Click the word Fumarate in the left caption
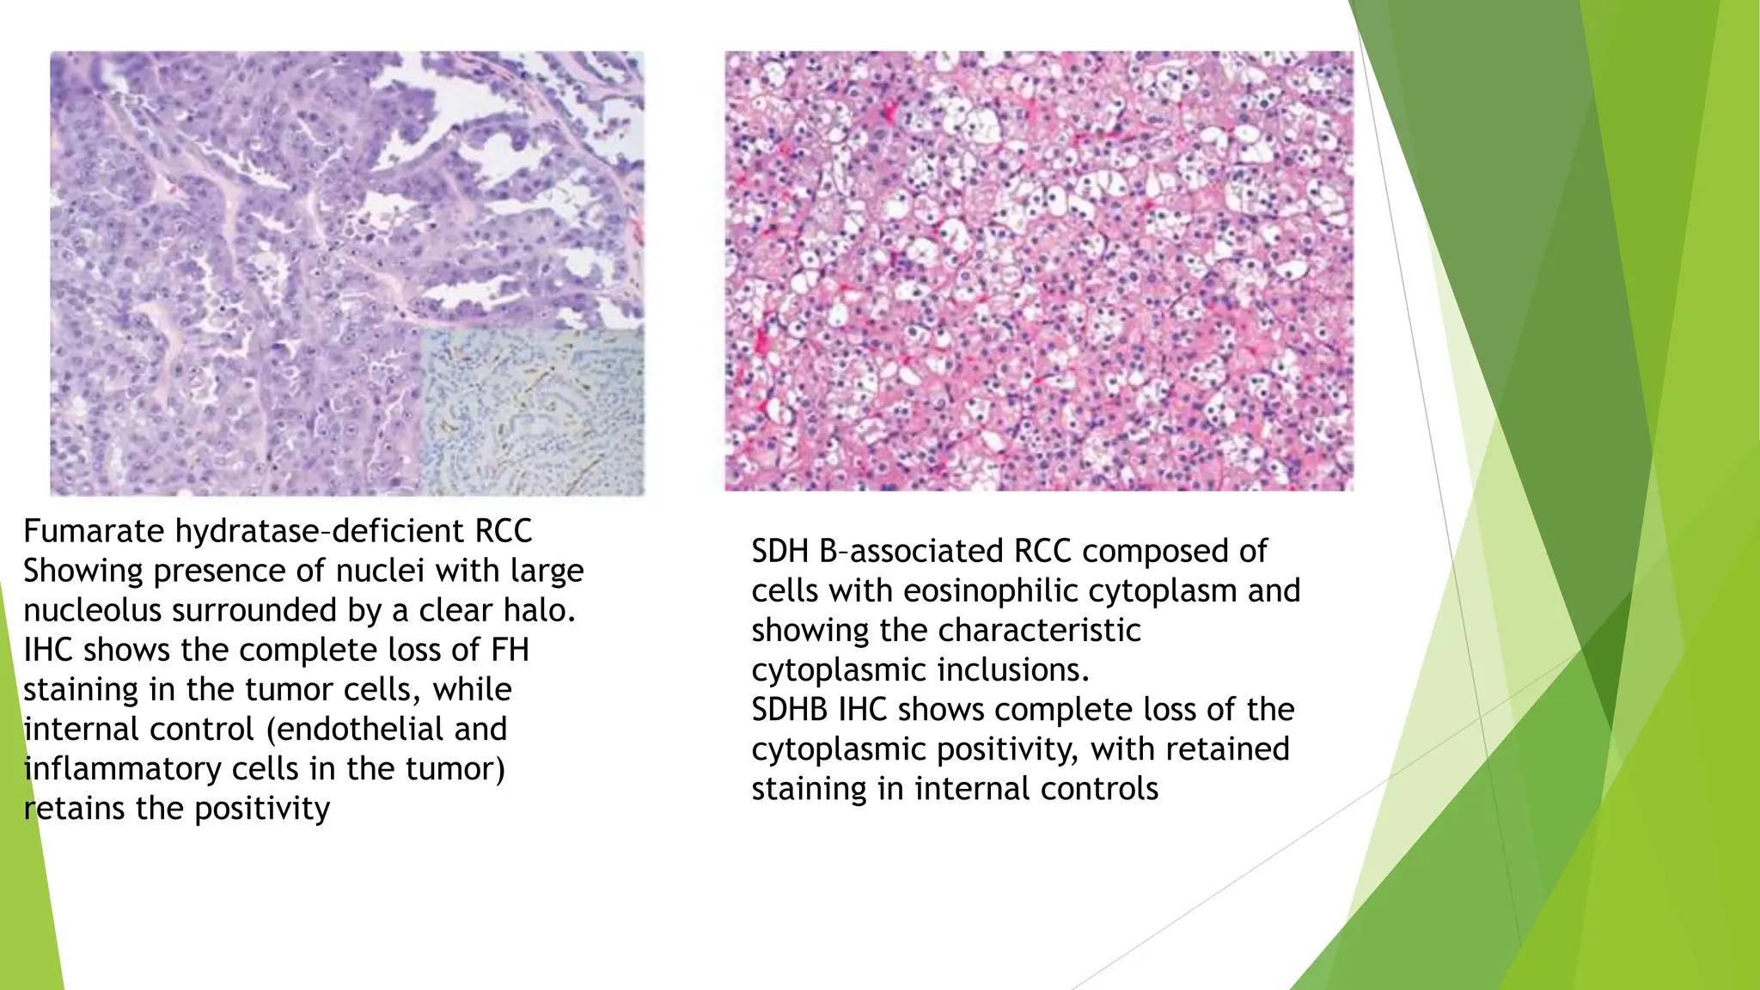[x=95, y=531]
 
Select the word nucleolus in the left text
[x=93, y=610]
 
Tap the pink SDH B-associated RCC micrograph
[x=1038, y=271]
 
